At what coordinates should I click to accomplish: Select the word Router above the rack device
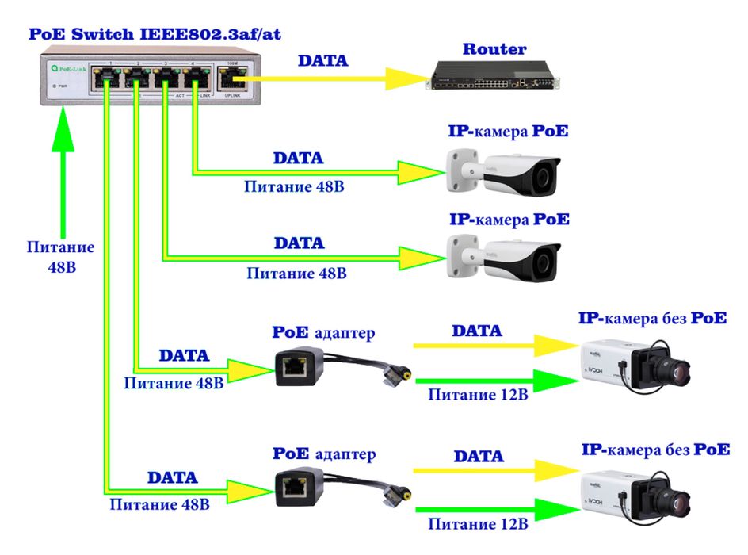coord(494,49)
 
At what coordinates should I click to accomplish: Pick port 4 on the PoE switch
coord(195,78)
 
